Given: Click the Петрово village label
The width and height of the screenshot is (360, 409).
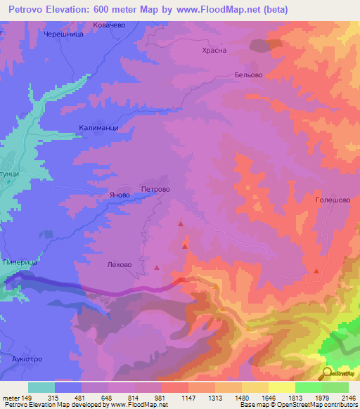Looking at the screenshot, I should (x=155, y=189).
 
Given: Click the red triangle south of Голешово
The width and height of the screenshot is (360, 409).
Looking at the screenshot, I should (x=317, y=271).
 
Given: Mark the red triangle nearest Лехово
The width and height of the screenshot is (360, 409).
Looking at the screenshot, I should (x=157, y=267).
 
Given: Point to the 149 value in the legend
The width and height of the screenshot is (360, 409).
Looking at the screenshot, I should (x=28, y=397).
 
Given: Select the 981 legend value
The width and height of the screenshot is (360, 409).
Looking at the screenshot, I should (x=161, y=397).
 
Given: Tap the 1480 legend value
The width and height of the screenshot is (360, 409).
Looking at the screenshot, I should (x=241, y=397).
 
